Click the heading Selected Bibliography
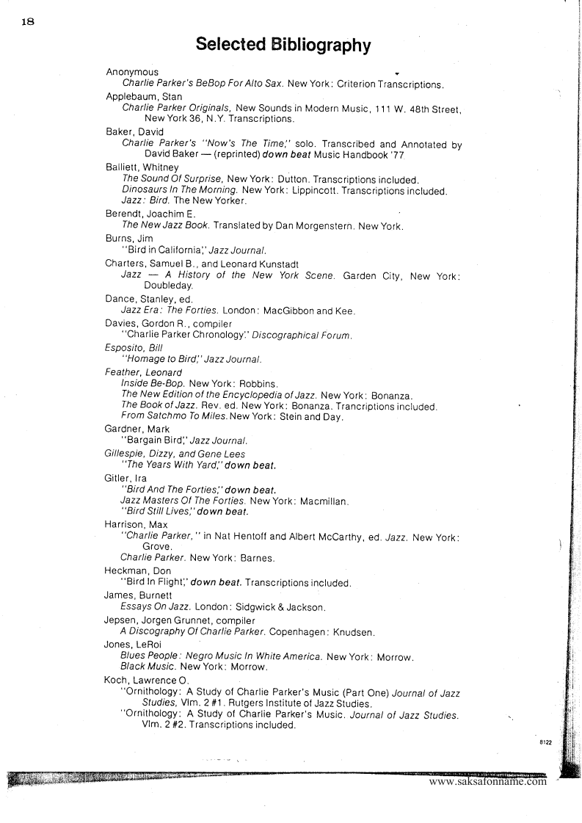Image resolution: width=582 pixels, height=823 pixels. pos(283,46)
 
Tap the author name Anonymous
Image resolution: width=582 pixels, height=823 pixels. pos(132,72)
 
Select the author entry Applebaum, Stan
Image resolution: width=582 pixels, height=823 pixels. pos(144,96)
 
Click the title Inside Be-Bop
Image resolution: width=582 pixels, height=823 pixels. pos(153,383)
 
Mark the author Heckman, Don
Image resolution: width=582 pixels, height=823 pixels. pos(139,570)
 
